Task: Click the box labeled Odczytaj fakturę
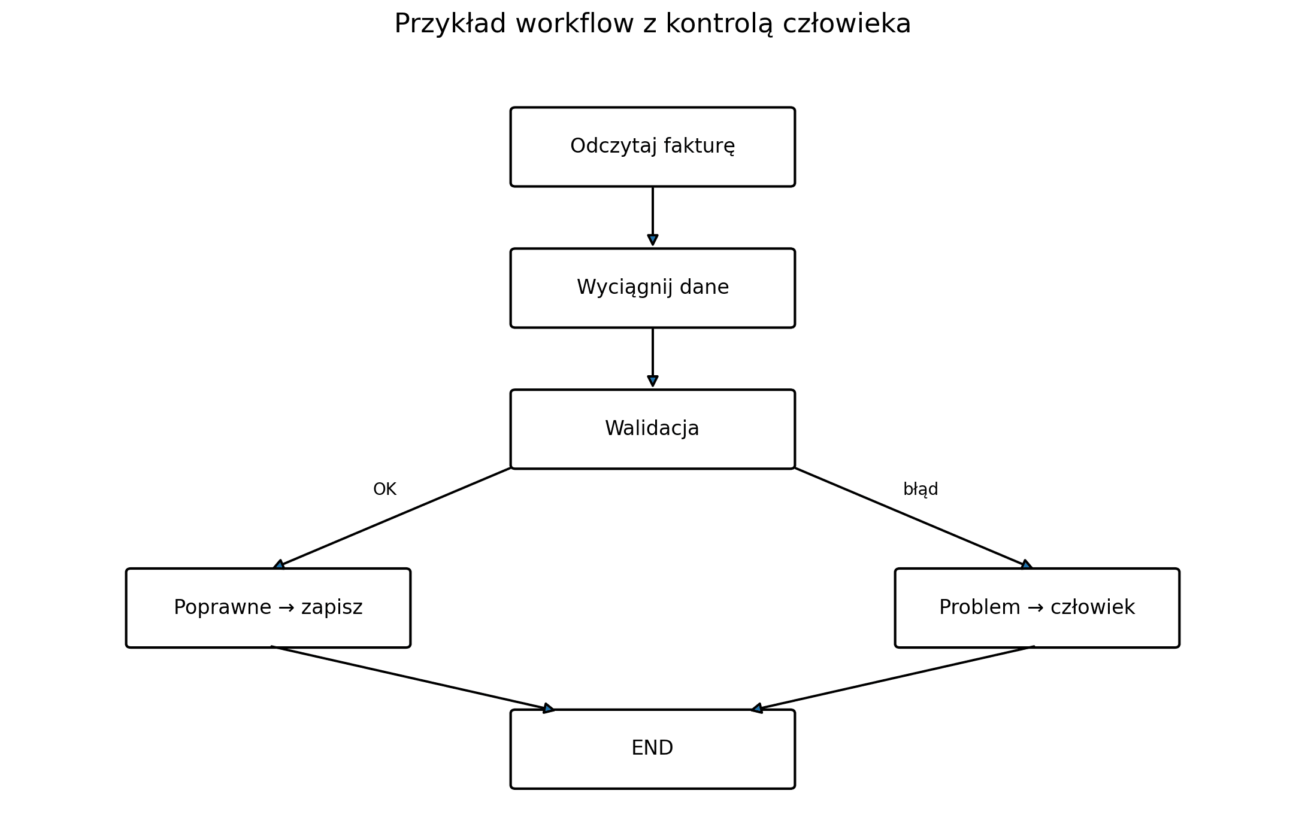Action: pos(652,147)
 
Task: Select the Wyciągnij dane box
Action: pos(652,288)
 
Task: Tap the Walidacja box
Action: pos(652,429)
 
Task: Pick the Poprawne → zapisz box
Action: pos(268,608)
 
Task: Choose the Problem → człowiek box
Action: pos(1037,608)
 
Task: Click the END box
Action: pos(652,749)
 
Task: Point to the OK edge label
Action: pos(384,489)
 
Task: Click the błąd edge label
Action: pos(921,489)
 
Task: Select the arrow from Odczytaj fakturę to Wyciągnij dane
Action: pos(653,216)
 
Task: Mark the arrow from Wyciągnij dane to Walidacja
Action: pos(653,357)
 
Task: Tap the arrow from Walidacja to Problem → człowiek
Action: pos(913,518)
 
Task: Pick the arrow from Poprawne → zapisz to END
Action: pos(413,679)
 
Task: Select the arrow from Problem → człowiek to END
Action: pos(892,679)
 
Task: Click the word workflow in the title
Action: pos(574,24)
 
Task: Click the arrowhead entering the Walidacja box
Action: pos(653,381)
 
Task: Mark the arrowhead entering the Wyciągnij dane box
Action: pos(653,240)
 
